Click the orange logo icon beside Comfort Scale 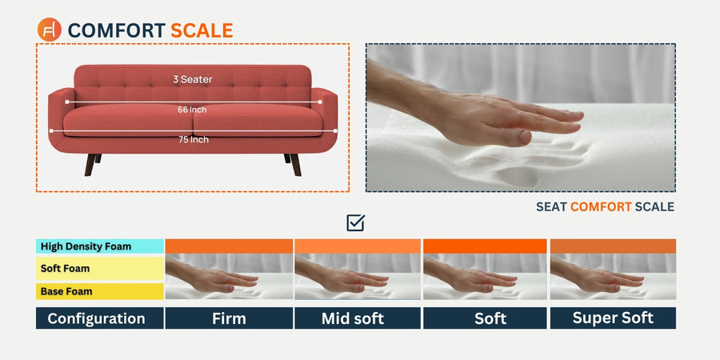tap(50, 30)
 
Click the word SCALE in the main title tap(202, 30)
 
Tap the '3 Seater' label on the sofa tap(192, 79)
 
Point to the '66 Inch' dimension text tap(192, 110)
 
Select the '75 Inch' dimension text tap(193, 139)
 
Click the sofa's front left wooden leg tap(90, 164)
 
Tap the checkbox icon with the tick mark tap(356, 222)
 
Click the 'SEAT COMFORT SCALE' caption tap(605, 207)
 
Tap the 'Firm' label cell tap(229, 318)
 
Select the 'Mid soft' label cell tap(358, 318)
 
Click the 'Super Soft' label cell tap(613, 318)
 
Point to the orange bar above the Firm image tap(229, 246)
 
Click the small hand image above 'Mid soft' tap(358, 277)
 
